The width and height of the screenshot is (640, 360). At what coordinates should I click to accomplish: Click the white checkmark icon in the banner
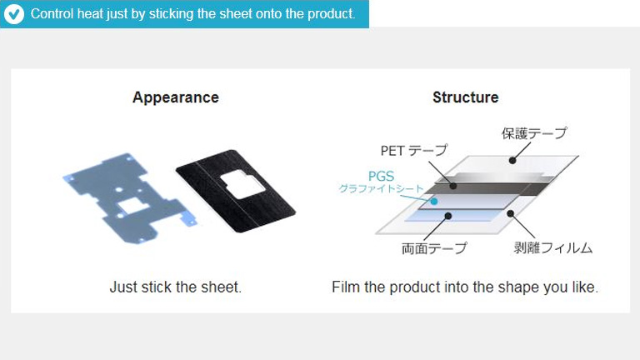coord(14,14)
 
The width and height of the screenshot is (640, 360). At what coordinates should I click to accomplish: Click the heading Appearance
coord(176,97)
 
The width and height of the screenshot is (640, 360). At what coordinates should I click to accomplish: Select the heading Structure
coord(465,97)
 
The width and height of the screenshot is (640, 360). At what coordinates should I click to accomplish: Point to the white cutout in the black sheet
coord(242,184)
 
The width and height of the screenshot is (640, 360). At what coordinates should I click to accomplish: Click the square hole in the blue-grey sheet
coord(132,205)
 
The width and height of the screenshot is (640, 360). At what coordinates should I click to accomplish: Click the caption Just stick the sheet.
coord(176,287)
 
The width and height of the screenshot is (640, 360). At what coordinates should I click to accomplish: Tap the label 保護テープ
coord(534,133)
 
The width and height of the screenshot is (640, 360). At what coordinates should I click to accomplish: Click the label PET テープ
coord(414,150)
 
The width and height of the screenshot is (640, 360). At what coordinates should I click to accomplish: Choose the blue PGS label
coord(381,176)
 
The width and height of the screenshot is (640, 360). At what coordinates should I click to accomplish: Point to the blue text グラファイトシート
coord(381,188)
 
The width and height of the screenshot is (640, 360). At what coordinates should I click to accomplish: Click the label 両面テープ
coord(434,248)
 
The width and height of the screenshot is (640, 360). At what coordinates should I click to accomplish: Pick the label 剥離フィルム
coord(553,247)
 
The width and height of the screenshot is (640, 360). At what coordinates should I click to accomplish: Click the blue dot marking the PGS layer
coord(434,201)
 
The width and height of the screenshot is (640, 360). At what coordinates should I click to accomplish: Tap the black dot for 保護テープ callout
coord(512,160)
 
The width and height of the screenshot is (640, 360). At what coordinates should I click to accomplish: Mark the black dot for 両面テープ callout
coord(448,216)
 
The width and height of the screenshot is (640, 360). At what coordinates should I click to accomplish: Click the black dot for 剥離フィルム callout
coord(510,213)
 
